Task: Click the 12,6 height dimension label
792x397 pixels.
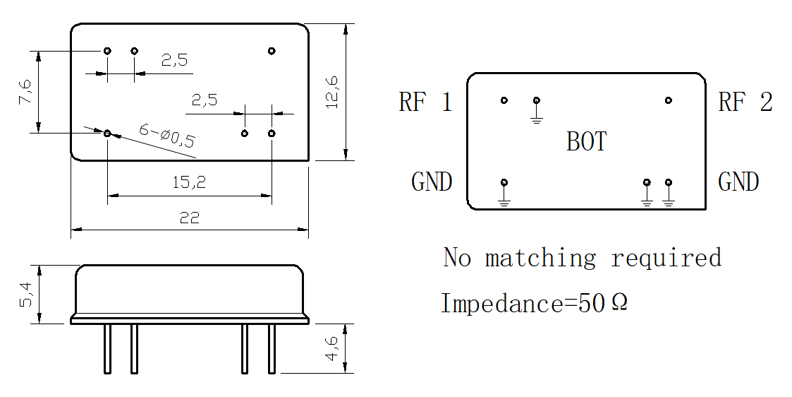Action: click(332, 92)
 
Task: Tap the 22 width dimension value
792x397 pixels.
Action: click(190, 218)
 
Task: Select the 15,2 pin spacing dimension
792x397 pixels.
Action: click(190, 182)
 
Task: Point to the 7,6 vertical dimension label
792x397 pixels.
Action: click(25, 91)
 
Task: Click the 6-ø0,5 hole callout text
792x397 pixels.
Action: click(166, 136)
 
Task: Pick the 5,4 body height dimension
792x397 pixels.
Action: click(25, 295)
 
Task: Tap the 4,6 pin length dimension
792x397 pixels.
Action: click(332, 348)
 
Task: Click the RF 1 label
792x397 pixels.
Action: click(425, 102)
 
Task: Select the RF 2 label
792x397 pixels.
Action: click(745, 102)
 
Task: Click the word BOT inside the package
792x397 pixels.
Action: click(587, 141)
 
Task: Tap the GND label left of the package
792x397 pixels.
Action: click(432, 182)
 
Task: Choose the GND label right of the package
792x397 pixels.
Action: click(738, 182)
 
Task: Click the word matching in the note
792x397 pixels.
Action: click(540, 258)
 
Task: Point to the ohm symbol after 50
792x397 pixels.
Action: click(619, 302)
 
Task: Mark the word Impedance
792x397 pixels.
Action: click(502, 304)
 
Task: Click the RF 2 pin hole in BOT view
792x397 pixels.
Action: click(669, 100)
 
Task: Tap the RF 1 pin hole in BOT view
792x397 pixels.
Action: click(504, 100)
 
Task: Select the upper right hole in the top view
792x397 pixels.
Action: click(272, 51)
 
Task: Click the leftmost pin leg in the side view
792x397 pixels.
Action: click(108, 349)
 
